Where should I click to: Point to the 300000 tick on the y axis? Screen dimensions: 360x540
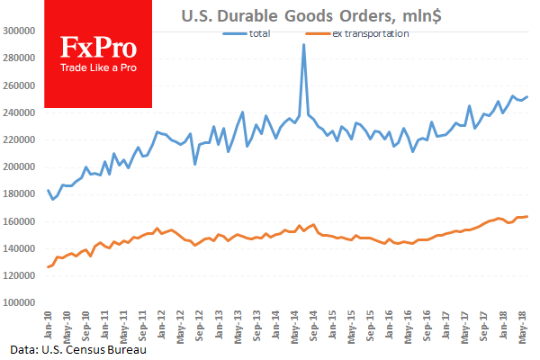tap(19, 31)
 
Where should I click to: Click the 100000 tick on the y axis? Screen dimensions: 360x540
tap(19, 302)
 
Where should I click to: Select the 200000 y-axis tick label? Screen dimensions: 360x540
tap(19, 166)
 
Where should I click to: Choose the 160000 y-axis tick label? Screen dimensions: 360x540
tap(19, 221)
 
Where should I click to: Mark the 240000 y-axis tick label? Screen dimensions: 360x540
tap(19, 112)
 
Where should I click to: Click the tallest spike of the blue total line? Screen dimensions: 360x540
tap(303, 44)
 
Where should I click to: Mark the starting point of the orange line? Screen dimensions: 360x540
tap(48, 267)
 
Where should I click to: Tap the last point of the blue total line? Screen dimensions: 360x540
tap(527, 96)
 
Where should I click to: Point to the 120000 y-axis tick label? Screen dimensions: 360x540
tap(19, 275)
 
